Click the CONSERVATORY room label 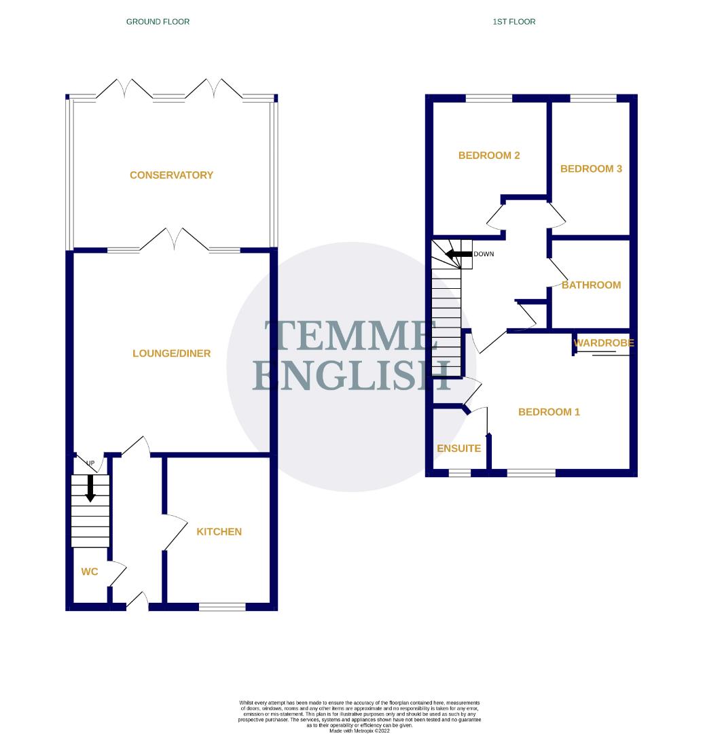click(171, 175)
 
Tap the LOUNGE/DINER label click(171, 353)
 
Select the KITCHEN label click(219, 531)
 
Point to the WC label click(90, 572)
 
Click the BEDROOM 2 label click(489, 156)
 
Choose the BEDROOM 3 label click(591, 169)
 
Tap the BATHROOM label click(591, 285)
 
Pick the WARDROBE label click(604, 343)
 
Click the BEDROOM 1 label click(549, 412)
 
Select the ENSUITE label click(458, 449)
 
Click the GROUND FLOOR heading click(158, 22)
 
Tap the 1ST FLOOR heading click(514, 22)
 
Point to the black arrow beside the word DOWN click(458, 254)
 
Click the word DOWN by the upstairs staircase click(484, 254)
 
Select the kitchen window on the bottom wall click(222, 606)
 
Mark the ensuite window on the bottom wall click(460, 472)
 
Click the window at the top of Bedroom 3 click(593, 99)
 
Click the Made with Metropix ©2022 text click(359, 731)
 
